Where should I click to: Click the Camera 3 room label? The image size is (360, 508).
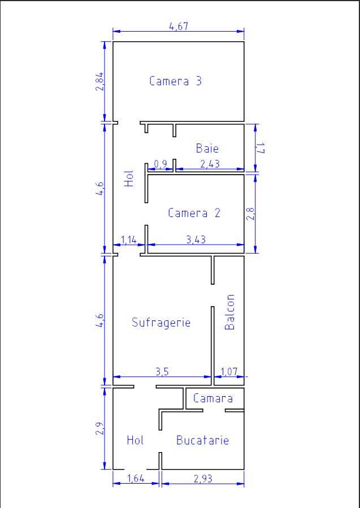pyautogui.click(x=175, y=81)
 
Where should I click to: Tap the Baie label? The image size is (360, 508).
pyautogui.click(x=207, y=149)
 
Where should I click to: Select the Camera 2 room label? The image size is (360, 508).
pyautogui.click(x=194, y=213)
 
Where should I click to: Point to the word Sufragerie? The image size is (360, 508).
pyautogui.click(x=161, y=322)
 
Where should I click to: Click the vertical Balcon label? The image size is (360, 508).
pyautogui.click(x=229, y=312)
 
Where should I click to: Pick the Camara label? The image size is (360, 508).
pyautogui.click(x=213, y=398)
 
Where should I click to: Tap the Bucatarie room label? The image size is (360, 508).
pyautogui.click(x=202, y=440)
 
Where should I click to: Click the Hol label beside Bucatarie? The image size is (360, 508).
pyautogui.click(x=136, y=440)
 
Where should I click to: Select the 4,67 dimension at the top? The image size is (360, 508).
pyautogui.click(x=179, y=26)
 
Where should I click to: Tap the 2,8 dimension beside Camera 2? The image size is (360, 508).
pyautogui.click(x=250, y=213)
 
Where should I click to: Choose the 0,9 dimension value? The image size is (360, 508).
pyautogui.click(x=161, y=164)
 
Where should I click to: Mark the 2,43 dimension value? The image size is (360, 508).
pyautogui.click(x=210, y=164)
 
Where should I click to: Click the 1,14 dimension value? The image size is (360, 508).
pyautogui.click(x=129, y=240)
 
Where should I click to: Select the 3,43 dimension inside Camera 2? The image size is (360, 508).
pyautogui.click(x=196, y=240)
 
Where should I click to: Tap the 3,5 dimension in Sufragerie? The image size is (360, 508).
pyautogui.click(x=162, y=372)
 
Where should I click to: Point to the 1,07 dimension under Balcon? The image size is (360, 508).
pyautogui.click(x=229, y=372)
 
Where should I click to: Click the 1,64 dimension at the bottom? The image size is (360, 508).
pyautogui.click(x=136, y=479)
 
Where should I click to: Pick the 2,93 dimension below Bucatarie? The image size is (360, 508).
pyautogui.click(x=203, y=479)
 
